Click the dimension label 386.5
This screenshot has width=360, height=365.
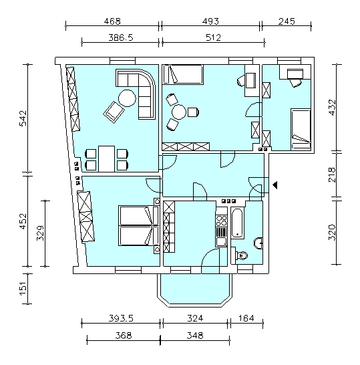121,37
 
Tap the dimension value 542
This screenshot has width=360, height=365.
23,118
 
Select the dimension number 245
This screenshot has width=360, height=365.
287,21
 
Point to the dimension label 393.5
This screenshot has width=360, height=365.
121,318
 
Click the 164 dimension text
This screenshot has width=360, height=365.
246,318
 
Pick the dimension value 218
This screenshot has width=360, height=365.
332,175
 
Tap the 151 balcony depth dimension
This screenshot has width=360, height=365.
23,289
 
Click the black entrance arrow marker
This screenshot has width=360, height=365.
275,185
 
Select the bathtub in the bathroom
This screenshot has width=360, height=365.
237,223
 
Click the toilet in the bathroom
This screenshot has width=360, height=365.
241,255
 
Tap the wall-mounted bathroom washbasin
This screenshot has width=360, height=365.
258,243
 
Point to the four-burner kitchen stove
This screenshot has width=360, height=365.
221,221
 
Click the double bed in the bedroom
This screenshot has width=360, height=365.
139,225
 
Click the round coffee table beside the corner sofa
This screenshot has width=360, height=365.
127,98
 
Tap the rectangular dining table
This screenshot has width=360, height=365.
106,158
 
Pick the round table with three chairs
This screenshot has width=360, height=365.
179,112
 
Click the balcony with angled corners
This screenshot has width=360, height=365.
195,290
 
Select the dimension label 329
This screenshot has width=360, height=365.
40,233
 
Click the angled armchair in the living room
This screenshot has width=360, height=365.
114,112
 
